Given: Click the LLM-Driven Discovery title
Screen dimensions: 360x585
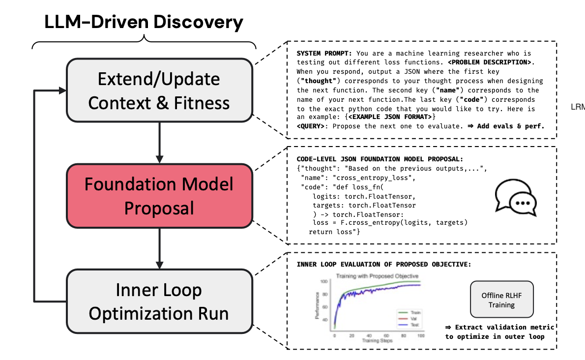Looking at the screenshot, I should [x=144, y=22].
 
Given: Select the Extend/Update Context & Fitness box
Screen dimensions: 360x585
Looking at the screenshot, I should [x=159, y=90].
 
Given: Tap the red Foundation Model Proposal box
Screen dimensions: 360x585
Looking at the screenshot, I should [x=159, y=196].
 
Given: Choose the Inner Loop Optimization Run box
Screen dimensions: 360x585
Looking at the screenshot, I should [x=159, y=301].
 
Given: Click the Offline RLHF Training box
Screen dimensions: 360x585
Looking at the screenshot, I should [x=501, y=300].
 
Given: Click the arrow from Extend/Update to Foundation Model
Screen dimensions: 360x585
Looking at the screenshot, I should [x=159, y=143].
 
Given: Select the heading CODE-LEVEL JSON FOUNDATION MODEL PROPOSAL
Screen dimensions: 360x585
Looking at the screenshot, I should [x=380, y=159].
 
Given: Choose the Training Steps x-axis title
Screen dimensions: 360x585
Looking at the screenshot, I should [x=377, y=340].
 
